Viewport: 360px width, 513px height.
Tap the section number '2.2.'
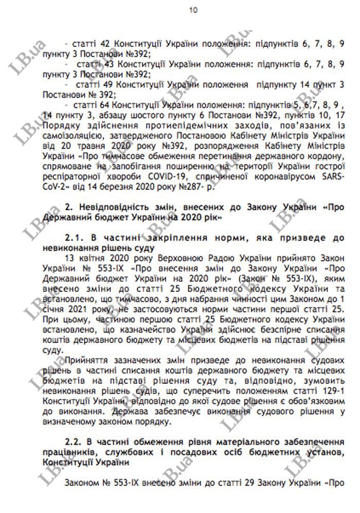(76, 442)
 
